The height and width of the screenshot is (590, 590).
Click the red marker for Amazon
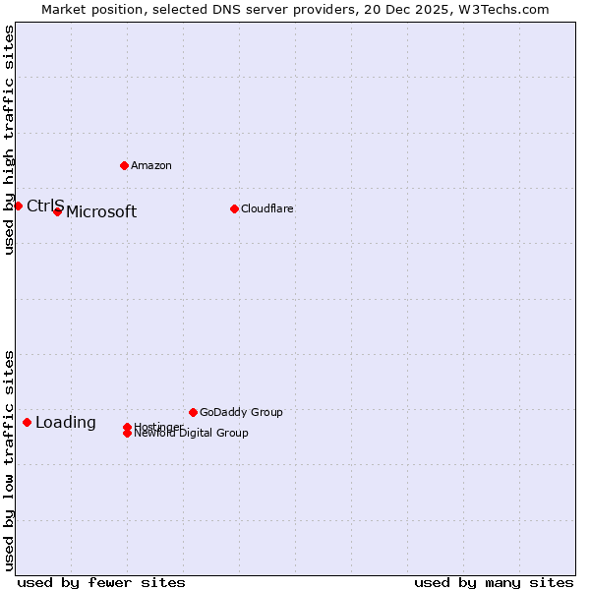coord(124,165)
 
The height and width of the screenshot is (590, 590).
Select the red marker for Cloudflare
coord(234,208)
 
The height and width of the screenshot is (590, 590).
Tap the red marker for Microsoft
coord(57,211)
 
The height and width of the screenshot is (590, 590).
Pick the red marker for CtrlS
coord(18,206)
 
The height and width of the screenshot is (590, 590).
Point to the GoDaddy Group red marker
coord(193,412)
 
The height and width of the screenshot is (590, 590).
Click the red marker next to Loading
coord(27,422)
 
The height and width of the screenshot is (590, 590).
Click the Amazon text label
coord(150,165)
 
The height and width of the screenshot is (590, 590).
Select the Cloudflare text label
coord(266,208)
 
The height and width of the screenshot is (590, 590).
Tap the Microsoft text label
coord(101,212)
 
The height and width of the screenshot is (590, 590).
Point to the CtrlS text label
coord(45,206)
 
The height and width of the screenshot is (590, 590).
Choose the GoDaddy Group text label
coord(241,412)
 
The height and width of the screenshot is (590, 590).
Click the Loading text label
coord(66,423)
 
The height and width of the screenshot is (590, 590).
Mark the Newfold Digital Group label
coord(192,434)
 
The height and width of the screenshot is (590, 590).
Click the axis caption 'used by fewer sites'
coord(101,582)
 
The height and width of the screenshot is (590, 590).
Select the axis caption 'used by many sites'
coord(494,582)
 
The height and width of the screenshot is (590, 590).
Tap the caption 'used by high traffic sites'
coord(9,140)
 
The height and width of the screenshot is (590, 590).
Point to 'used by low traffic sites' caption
coord(9,459)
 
